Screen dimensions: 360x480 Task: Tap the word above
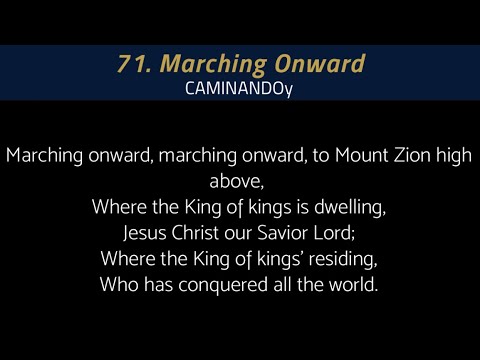[239, 182]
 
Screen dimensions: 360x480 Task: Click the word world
[352, 285]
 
